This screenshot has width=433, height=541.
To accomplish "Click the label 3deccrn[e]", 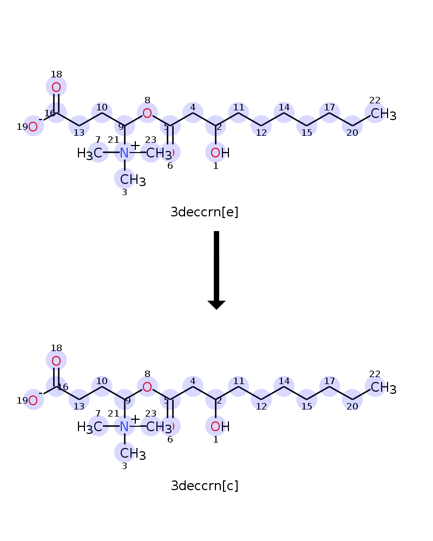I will (205, 212).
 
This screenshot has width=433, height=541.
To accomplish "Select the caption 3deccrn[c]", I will (205, 486).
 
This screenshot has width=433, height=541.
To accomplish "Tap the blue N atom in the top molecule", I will (124, 153).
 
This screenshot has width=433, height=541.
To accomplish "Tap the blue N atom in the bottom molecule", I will (124, 427).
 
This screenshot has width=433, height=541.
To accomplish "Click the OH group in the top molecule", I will (219, 153).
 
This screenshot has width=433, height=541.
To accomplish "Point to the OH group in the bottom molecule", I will (219, 427).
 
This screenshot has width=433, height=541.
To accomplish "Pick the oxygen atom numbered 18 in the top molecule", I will (56, 87).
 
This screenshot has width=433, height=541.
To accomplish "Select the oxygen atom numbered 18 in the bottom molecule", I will (56, 361).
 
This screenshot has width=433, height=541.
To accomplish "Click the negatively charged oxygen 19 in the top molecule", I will (34, 127).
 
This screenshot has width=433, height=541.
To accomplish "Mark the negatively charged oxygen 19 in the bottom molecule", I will (34, 401).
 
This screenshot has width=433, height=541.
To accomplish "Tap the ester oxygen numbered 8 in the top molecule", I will (147, 114).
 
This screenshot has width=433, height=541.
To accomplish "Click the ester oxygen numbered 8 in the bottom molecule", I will (147, 387).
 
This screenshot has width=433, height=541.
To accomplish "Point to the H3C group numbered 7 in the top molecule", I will (90, 153).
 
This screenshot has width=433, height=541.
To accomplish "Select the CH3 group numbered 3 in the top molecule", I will (133, 179).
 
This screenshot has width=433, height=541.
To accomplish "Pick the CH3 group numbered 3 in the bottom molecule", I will (133, 453).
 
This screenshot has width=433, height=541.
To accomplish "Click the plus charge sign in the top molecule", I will (135, 145).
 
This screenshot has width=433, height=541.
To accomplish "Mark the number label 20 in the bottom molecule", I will (352, 407).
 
